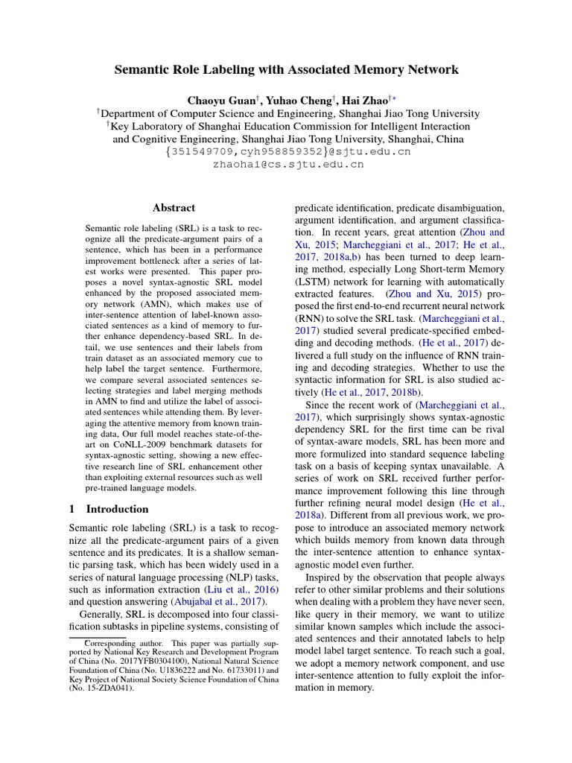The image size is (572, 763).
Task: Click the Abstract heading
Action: pyautogui.click(x=174, y=208)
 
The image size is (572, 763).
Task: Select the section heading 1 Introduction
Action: pyautogui.click(x=109, y=509)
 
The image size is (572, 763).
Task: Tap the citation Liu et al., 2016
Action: pyautogui.click(x=232, y=585)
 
